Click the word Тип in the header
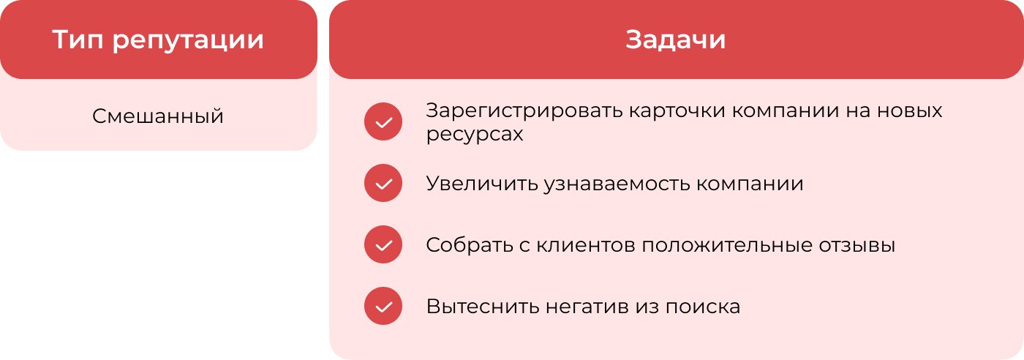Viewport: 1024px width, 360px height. [x=78, y=40]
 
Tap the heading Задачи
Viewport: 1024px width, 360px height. [x=675, y=40]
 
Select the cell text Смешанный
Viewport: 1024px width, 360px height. [x=158, y=116]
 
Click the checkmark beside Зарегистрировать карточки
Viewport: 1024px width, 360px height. [x=383, y=121]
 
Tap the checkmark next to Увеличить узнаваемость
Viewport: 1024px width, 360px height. [x=383, y=183]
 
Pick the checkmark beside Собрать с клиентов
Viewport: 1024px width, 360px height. [x=383, y=244]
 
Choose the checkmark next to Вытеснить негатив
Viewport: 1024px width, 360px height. [x=383, y=306]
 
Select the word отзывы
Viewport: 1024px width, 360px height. [x=857, y=246]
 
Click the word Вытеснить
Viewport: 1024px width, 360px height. [x=483, y=307]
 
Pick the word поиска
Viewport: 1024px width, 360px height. [x=703, y=307]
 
